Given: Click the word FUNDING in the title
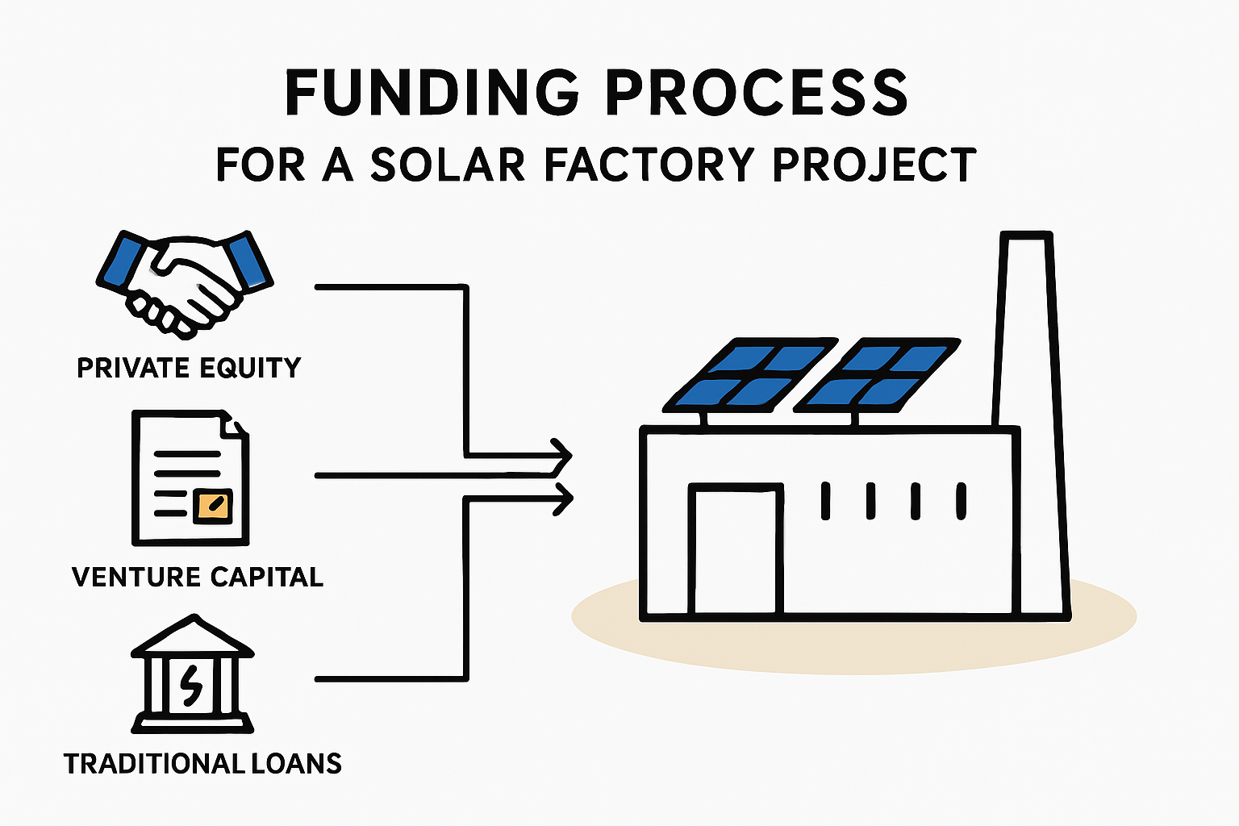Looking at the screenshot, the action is click(x=432, y=93).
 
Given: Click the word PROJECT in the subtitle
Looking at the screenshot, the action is click(x=874, y=165).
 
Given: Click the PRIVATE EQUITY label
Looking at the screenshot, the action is click(x=190, y=368).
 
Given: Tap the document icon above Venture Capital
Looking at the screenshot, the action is click(x=190, y=478).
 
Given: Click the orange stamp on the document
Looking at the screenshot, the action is click(x=213, y=506).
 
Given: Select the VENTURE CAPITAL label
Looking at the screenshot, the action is click(x=198, y=577).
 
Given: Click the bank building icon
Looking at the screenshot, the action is click(x=193, y=674).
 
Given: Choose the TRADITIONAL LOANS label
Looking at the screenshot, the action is click(x=202, y=763).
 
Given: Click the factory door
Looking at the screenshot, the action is click(x=736, y=549).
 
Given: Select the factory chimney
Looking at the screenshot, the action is click(x=1031, y=423).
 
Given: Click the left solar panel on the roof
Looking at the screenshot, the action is click(x=750, y=375).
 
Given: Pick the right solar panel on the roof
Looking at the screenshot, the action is click(x=878, y=375).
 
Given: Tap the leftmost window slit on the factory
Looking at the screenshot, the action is click(x=825, y=501).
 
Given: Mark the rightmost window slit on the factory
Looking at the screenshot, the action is click(x=962, y=501).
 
